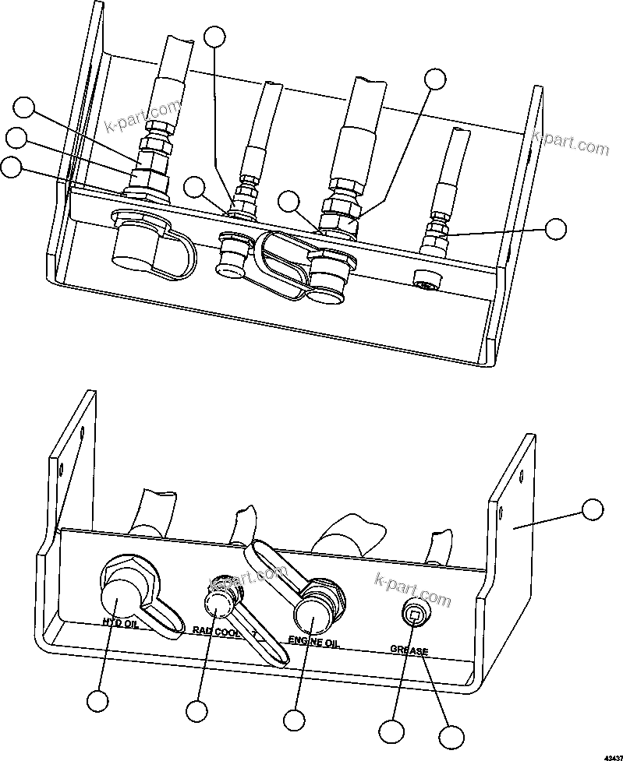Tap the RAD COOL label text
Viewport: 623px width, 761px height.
[215, 632]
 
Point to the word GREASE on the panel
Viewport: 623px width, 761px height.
[409, 648]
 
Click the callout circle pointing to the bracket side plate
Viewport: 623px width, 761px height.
[593, 510]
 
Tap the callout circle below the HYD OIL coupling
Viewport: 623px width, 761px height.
[97, 700]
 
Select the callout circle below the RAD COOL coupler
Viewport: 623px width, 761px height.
[196, 710]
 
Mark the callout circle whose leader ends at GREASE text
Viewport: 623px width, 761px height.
[451, 736]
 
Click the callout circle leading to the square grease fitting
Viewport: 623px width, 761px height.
[391, 731]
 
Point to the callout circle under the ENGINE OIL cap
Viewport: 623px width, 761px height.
[293, 719]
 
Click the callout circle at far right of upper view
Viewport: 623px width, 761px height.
[555, 228]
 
